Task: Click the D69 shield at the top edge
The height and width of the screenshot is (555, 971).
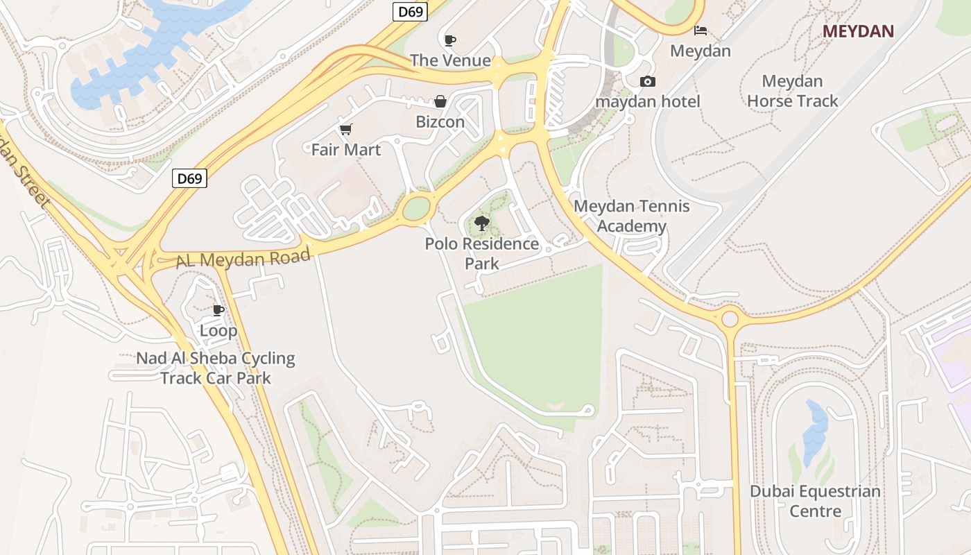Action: (x=410, y=11)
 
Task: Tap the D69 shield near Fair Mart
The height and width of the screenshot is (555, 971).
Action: (x=189, y=178)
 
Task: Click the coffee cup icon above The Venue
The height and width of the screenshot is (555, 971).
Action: (x=449, y=40)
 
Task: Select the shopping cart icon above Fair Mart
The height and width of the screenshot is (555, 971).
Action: (x=345, y=129)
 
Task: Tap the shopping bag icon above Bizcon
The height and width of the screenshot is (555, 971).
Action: (x=440, y=102)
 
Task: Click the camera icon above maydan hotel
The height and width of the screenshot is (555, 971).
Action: (x=647, y=82)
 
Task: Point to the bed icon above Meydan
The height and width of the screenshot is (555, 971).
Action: (x=701, y=31)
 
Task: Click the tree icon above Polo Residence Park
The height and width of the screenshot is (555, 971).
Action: (x=481, y=223)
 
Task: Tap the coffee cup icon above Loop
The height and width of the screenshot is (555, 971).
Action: (x=218, y=310)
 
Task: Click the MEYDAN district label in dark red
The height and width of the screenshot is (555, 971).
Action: (x=858, y=31)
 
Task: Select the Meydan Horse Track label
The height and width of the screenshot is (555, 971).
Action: (x=792, y=91)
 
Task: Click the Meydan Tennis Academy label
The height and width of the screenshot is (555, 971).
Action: (x=632, y=216)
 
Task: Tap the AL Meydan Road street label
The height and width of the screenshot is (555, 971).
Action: (x=243, y=259)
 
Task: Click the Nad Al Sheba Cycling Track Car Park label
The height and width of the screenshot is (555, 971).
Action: (x=216, y=368)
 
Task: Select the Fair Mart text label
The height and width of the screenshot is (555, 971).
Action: (x=346, y=149)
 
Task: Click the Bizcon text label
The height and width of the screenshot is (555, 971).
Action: (x=440, y=122)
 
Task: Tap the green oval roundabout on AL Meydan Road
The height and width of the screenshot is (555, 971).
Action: (x=416, y=208)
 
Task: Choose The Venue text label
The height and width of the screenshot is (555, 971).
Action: (x=450, y=60)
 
